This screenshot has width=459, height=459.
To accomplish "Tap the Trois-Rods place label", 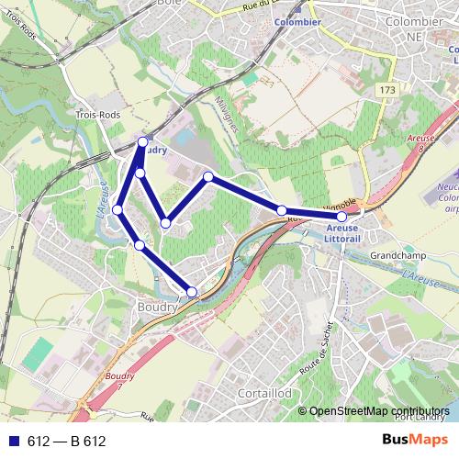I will pos(93,116).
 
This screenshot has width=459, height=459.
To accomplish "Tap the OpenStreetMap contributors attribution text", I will pos(379,412).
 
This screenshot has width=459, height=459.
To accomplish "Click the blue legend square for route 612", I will pos(14,441).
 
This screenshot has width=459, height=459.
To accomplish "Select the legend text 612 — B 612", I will pos(67,442).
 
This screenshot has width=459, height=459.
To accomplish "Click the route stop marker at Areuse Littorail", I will pos(341,217).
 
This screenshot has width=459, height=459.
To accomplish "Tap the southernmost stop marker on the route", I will pos(192,292).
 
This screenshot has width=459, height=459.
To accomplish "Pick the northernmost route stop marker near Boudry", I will pos(142,141).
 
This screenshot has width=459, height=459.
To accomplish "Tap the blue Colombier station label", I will pos(298,22).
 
